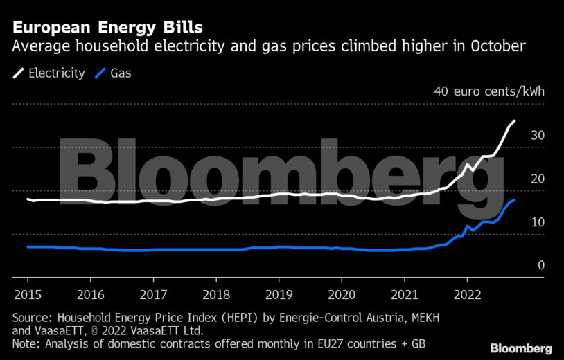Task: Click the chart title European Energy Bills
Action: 107,28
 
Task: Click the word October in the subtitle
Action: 495,47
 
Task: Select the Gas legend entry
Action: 121,73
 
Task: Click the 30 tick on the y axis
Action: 538,135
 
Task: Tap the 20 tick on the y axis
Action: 538,179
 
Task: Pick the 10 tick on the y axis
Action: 538,222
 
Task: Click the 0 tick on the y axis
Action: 541,265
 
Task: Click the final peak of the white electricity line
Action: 514,121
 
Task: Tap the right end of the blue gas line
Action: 514,199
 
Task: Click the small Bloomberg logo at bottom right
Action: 520,348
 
